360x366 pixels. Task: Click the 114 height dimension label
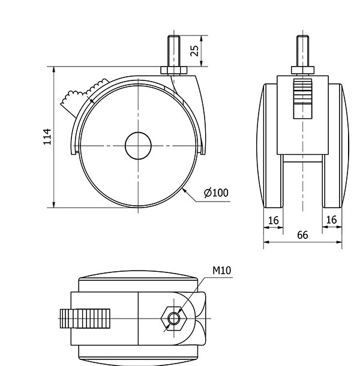coord(47,137)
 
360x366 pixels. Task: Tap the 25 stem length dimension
coord(194,50)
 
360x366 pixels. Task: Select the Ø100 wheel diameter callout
coord(216,193)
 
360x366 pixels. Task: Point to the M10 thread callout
coord(221,270)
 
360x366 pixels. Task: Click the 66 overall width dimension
coord(302,235)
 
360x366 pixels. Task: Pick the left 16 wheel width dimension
coord(273,220)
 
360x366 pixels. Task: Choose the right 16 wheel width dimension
coord(331,220)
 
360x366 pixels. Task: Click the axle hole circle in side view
coord(138,146)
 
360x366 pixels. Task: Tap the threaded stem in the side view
coord(174,51)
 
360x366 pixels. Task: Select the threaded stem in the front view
coord(302,51)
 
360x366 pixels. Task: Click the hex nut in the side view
coord(174,71)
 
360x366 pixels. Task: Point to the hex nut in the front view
coord(302,70)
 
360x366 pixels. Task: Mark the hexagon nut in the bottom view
coord(173,319)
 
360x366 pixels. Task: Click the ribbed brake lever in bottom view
coord(85,319)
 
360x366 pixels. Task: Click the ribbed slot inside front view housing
coord(302,98)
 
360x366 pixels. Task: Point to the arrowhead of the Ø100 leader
coord(184,190)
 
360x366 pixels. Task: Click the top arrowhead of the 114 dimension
coord(54,70)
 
